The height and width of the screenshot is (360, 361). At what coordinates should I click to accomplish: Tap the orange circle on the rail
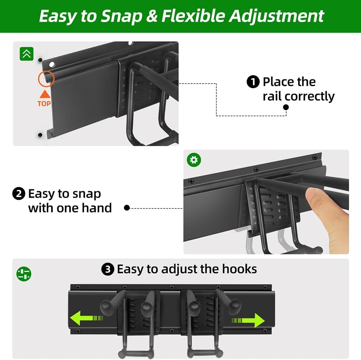pyautogui.click(x=46, y=79)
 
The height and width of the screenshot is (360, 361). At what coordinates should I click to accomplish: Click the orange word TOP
pyautogui.click(x=44, y=104)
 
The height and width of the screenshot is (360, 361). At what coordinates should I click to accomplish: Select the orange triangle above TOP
pyautogui.click(x=44, y=94)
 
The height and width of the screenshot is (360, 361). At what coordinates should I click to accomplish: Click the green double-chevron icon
pyautogui.click(x=26, y=54)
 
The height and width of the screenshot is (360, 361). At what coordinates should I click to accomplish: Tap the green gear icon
pyautogui.click(x=194, y=160)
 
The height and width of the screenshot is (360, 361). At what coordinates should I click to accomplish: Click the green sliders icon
pyautogui.click(x=24, y=274)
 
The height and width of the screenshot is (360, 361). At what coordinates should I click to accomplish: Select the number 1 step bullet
pyautogui.click(x=253, y=82)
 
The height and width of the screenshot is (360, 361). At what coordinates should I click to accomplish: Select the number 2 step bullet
pyautogui.click(x=19, y=194)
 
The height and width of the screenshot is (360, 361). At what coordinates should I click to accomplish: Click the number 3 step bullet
pyautogui.click(x=108, y=270)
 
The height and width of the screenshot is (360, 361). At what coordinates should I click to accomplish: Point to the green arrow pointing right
pyautogui.click(x=249, y=320)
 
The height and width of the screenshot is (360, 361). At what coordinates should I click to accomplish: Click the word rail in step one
pyautogui.click(x=272, y=97)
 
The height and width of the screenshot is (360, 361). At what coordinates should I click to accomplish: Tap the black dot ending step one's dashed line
pyautogui.click(x=286, y=107)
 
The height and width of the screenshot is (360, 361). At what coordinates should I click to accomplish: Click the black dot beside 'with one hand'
pyautogui.click(x=127, y=208)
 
